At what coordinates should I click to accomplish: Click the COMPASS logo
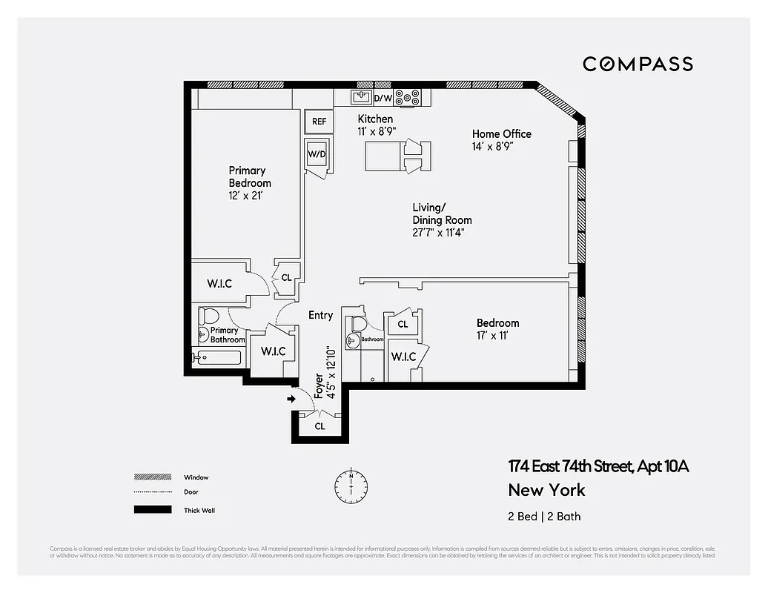click(x=638, y=64)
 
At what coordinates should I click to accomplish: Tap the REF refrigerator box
click(x=319, y=121)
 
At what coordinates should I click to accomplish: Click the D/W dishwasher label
click(x=383, y=97)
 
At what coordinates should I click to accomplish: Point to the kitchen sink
click(x=363, y=97)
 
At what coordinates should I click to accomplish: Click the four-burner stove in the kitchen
click(x=407, y=97)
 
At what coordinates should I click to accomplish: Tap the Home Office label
click(x=502, y=133)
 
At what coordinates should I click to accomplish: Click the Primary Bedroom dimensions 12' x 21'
click(x=246, y=196)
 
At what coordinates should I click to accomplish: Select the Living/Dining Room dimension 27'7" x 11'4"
click(x=438, y=233)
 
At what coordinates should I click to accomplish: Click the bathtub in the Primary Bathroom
click(x=218, y=358)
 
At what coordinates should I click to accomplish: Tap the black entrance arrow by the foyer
click(x=291, y=399)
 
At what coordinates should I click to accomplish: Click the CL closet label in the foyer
click(x=320, y=426)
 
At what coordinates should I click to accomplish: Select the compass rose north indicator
click(x=351, y=486)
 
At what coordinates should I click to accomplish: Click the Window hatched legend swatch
click(x=148, y=477)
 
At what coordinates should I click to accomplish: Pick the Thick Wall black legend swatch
click(x=148, y=510)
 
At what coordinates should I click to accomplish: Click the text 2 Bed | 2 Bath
click(x=539, y=516)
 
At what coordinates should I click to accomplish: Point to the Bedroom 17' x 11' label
click(x=497, y=329)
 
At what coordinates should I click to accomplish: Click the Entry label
click(x=320, y=315)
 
